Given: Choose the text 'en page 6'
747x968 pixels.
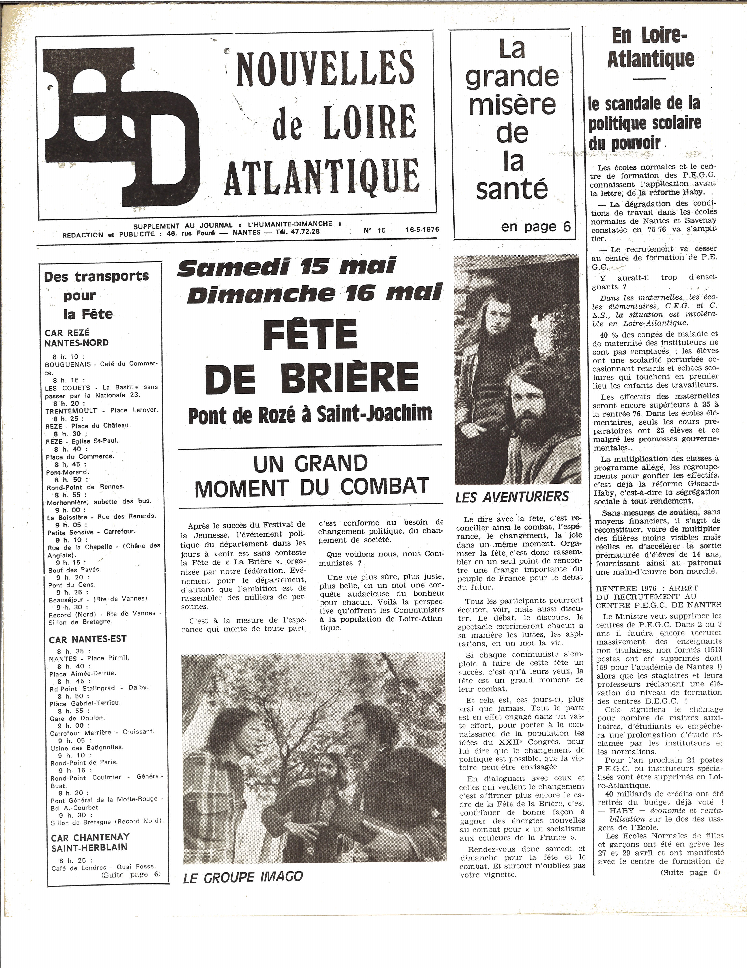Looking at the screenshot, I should click(536, 226).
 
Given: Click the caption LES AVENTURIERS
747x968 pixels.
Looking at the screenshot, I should click(512, 497).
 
